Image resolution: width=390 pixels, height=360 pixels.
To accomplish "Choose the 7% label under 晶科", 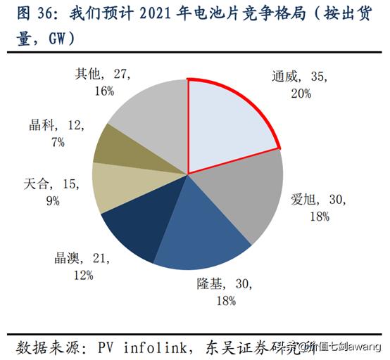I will [57, 142].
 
